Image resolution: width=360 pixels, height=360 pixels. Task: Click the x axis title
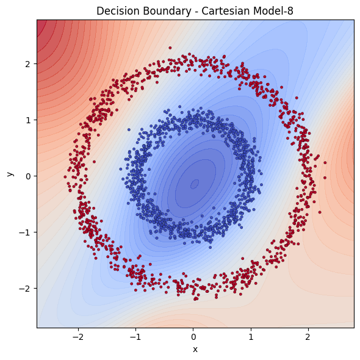[x=195, y=349]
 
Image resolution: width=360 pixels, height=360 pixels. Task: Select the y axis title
[x=10, y=174]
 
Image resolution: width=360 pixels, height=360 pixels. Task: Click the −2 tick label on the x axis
[x=78, y=336]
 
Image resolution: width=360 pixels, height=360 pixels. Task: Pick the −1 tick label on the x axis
[x=135, y=336]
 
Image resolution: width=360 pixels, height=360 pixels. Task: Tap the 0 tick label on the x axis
[x=193, y=336]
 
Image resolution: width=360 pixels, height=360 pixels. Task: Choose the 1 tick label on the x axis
[x=251, y=336]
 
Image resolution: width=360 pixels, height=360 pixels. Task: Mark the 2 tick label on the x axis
[x=308, y=336]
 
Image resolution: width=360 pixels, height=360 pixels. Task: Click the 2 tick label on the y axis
[x=27, y=63]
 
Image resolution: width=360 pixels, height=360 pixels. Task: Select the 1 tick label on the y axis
[x=27, y=120]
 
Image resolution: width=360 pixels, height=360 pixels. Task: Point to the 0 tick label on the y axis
[x=27, y=176]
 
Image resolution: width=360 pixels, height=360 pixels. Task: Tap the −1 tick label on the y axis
[x=25, y=232]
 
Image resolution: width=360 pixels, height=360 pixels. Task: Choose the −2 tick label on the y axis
[x=25, y=289]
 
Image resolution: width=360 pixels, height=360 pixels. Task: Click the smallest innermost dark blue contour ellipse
[x=195, y=184]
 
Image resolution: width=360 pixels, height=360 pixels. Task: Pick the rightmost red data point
[x=325, y=163]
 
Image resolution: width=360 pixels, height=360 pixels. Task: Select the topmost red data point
[x=170, y=48]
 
